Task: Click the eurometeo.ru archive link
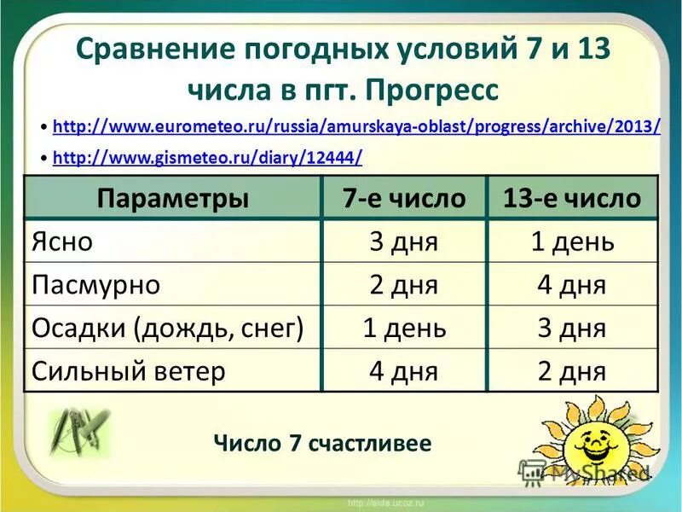(356, 127)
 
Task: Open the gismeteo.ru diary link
(207, 157)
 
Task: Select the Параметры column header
(173, 199)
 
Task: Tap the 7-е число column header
(404, 199)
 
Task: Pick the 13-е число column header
(572, 199)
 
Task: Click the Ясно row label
(61, 241)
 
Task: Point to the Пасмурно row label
(95, 284)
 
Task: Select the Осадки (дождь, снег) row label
(168, 328)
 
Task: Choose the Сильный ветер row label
(129, 371)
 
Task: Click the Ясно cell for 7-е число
(404, 241)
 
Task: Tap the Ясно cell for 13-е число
(572, 241)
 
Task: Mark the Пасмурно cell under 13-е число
(572, 284)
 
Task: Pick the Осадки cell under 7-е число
(404, 328)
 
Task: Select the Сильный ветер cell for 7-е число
(404, 371)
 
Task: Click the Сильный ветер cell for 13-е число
(572, 371)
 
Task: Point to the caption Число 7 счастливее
(322, 443)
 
